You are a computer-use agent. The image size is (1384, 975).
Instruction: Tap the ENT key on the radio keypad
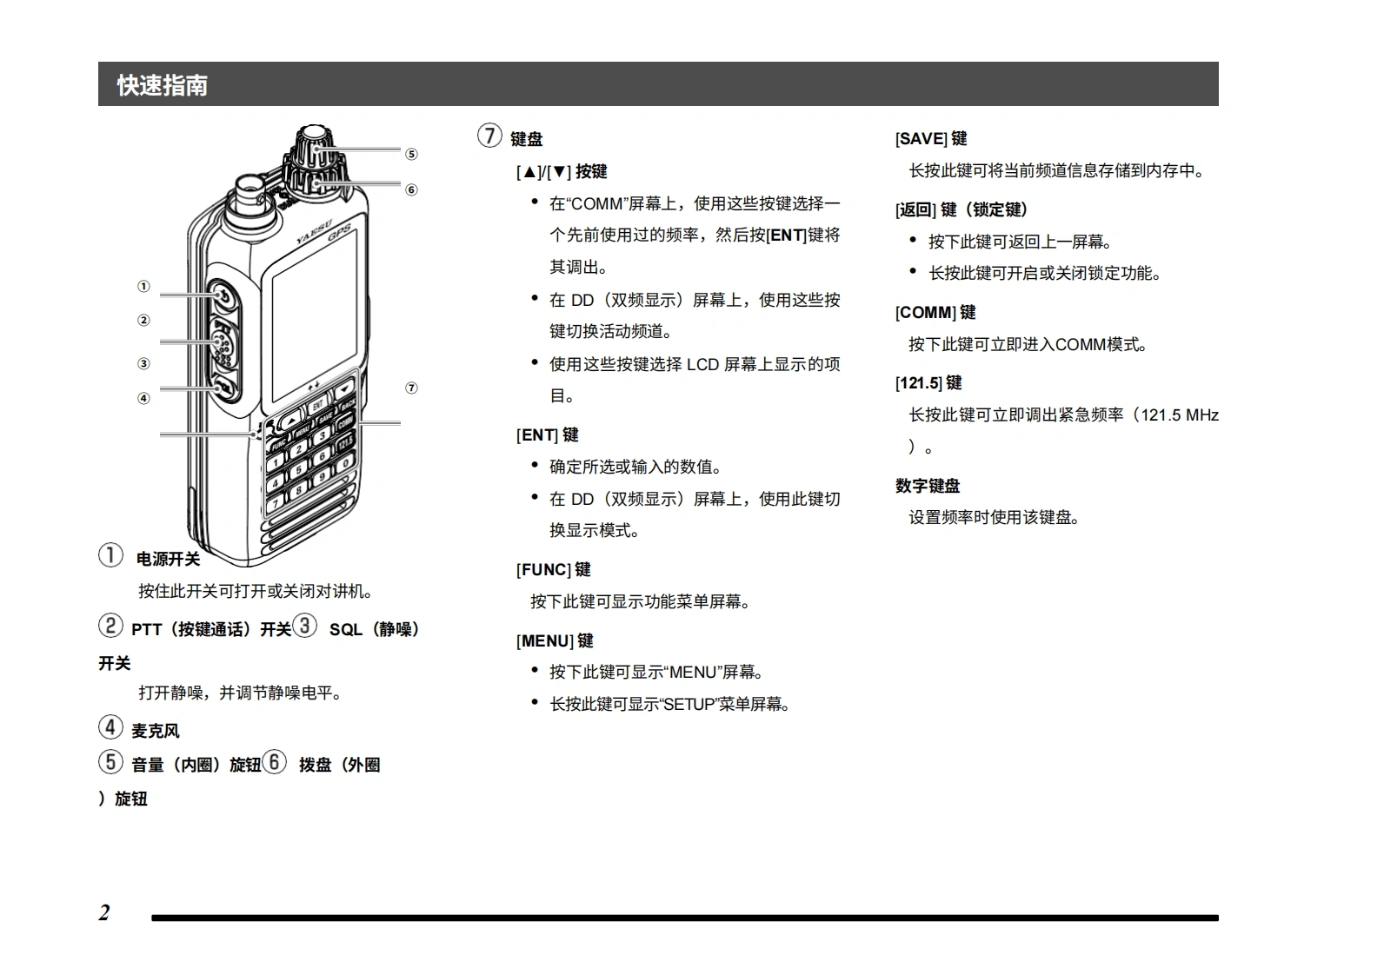pyautogui.click(x=318, y=405)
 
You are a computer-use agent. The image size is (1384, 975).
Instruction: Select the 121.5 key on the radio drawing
pyautogui.click(x=345, y=442)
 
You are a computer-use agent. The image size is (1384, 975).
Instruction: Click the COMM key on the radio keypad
pyautogui.click(x=345, y=421)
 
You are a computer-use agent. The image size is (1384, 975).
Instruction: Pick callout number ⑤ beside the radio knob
pyautogui.click(x=411, y=155)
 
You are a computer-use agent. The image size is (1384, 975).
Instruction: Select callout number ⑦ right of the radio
pyautogui.click(x=411, y=388)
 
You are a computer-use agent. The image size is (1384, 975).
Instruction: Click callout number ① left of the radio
pyautogui.click(x=143, y=287)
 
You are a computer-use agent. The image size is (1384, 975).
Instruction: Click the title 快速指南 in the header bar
pyautogui.click(x=163, y=85)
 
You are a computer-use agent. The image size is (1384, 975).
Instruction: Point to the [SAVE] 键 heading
pyautogui.click(x=931, y=139)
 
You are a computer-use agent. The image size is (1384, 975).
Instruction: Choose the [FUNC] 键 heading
pyautogui.click(x=554, y=570)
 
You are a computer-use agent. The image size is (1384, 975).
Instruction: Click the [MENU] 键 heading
pyautogui.click(x=555, y=641)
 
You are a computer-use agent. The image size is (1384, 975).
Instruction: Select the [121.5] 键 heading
pyautogui.click(x=928, y=383)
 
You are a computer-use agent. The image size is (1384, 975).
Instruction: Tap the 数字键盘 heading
pyautogui.click(x=928, y=486)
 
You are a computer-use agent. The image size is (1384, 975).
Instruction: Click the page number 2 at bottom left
pyautogui.click(x=104, y=912)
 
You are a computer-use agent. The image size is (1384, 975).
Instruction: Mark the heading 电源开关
pyautogui.click(x=168, y=559)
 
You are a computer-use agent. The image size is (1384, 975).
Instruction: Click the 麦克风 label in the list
pyautogui.click(x=156, y=731)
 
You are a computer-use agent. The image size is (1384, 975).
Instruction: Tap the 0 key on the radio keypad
pyautogui.click(x=345, y=463)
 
